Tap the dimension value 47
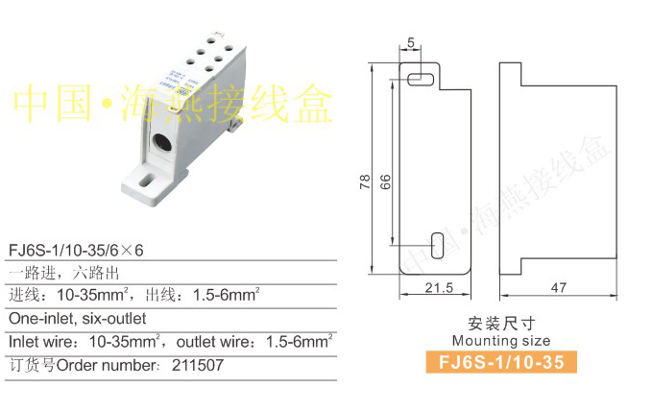click(559, 288)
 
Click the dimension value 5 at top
click(411, 42)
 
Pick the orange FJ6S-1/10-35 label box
click(500, 362)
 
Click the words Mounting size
click(500, 341)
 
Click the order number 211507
click(199, 365)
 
